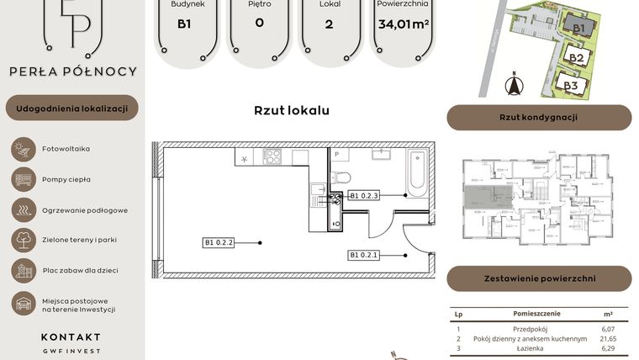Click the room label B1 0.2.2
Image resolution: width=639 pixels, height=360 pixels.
(219, 243)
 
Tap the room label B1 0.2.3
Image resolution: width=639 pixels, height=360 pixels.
(365, 195)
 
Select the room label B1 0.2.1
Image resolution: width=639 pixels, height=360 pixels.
(365, 255)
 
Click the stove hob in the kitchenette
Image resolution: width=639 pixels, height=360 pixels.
(272, 156)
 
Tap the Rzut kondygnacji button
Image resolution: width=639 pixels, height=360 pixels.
(538, 118)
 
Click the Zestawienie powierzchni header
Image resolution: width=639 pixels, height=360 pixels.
(538, 278)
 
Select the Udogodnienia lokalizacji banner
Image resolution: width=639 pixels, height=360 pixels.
(71, 108)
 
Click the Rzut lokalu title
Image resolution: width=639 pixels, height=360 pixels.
(291, 110)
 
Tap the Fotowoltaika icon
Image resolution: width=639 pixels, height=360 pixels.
(22, 149)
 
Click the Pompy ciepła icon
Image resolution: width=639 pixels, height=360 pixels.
(22, 179)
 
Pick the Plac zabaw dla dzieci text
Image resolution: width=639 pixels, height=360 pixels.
(80, 270)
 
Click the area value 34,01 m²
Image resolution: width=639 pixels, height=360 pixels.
(404, 24)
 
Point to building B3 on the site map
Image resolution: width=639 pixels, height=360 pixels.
(570, 85)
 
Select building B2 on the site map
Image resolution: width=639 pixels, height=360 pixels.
(576, 58)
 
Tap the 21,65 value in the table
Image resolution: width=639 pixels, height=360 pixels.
(608, 338)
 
